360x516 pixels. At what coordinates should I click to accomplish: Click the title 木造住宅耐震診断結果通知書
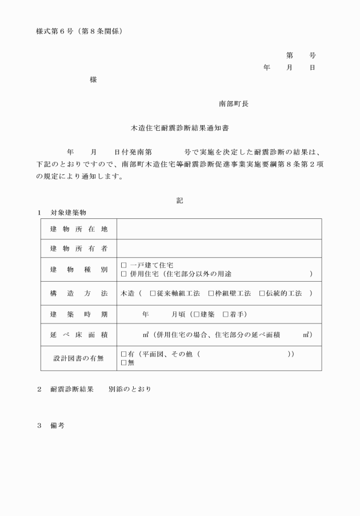180,129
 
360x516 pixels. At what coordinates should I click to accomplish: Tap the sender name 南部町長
233,103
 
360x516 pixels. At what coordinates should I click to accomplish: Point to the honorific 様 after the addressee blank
93,79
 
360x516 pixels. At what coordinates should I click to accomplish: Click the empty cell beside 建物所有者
219,249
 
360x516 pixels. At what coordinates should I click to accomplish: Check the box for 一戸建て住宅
124,265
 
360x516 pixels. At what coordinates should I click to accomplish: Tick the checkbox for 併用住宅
124,274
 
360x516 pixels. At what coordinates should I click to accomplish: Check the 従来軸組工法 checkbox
153,293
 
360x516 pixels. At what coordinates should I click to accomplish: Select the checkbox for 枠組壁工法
211,293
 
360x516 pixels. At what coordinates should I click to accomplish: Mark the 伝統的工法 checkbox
262,293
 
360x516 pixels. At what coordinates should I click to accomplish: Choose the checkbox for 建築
197,314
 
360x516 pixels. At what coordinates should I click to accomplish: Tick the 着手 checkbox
226,314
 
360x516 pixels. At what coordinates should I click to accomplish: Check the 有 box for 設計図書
124,354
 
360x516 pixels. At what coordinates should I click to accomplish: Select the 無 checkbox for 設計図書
124,362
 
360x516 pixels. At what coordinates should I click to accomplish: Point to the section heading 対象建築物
68,213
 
